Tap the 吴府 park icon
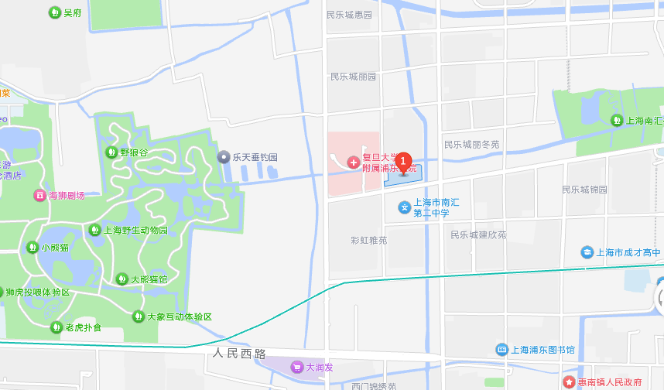coord(54,12)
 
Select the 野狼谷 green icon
coord(111,152)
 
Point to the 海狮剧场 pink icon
coord(39,195)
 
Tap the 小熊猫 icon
coord(33,248)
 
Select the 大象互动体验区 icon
coord(139,316)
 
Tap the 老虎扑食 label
coord(83,327)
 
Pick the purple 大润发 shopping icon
coord(297,367)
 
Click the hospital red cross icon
coord(353,162)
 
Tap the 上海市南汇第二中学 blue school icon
coord(404,207)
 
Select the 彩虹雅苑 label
coord(368,240)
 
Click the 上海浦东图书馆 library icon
coord(501,350)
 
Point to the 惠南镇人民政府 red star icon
coord(570,382)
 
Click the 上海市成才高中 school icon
coord(588,252)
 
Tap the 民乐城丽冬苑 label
coord(471,145)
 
